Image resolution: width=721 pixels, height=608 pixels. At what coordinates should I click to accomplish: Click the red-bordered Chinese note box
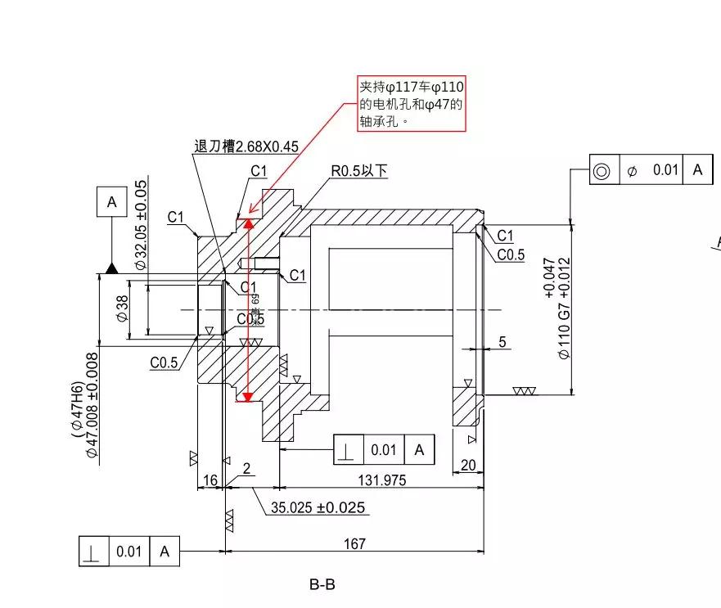tap(412, 104)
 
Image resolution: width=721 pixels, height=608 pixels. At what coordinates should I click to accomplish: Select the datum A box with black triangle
tap(112, 200)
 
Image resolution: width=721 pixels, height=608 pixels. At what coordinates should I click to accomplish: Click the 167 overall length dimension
tap(354, 543)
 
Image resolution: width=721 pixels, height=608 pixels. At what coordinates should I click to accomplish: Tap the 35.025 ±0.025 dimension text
tap(318, 507)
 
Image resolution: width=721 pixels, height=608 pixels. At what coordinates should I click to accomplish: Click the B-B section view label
tap(322, 585)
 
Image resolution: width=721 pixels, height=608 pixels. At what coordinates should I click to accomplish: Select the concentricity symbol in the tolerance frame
tap(603, 170)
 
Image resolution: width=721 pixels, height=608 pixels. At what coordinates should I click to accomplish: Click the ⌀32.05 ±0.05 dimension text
tap(140, 224)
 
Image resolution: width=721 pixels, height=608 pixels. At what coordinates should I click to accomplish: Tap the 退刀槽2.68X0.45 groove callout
tap(246, 146)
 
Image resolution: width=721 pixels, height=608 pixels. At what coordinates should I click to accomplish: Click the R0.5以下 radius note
tap(358, 171)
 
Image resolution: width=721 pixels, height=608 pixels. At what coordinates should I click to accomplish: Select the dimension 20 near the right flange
tap(468, 465)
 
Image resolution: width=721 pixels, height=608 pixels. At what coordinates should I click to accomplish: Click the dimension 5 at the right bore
tap(502, 342)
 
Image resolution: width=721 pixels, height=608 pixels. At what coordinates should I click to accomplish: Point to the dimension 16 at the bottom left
tap(210, 480)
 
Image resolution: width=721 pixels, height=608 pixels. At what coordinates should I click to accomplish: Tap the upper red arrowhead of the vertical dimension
tap(249, 222)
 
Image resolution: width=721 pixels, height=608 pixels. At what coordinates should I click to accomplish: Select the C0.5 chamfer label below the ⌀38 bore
tap(164, 363)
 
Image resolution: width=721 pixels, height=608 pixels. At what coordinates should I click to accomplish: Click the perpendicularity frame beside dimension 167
tap(129, 552)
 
